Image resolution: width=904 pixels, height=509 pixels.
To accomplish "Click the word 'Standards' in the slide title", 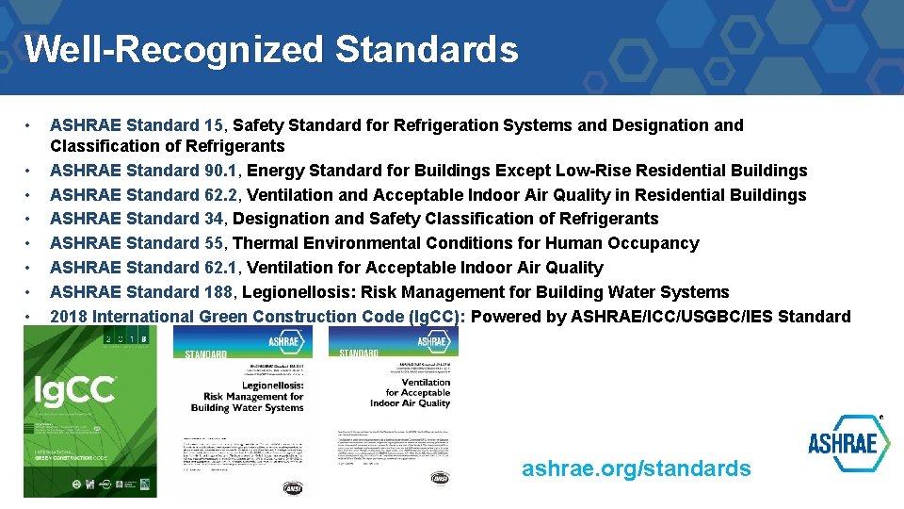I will point(426,49).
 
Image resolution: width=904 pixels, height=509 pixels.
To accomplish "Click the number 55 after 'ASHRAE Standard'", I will point(214,243).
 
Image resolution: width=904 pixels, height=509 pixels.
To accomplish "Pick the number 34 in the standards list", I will point(214,219).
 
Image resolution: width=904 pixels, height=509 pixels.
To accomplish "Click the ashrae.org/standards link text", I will point(637,468).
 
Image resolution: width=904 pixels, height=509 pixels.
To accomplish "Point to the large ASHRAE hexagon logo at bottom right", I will point(848,443).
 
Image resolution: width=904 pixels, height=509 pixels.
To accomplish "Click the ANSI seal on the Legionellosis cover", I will point(294,487).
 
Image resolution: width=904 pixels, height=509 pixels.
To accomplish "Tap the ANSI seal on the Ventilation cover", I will point(439,477).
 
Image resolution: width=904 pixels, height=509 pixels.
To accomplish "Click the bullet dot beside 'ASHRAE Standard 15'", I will point(31,125).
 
